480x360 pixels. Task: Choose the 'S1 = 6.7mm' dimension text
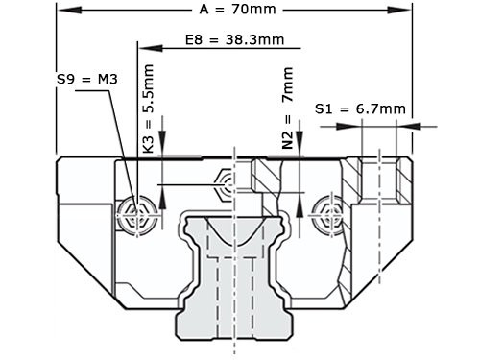pyautogui.click(x=360, y=108)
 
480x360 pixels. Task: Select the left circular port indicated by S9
pyautogui.click(x=135, y=213)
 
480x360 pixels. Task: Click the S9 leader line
pyautogui.click(x=116, y=144)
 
